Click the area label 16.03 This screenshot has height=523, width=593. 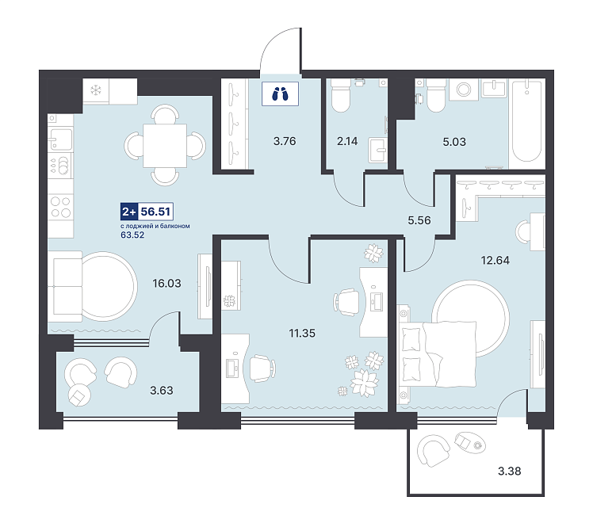166,283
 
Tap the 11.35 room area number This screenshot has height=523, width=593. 302,333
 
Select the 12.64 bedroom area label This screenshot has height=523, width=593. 495,260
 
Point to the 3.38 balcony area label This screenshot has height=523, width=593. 510,471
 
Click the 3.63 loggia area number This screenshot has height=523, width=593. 162,391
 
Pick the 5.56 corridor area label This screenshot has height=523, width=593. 419,220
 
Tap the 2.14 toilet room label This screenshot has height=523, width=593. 347,141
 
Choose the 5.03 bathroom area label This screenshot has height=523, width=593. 454,142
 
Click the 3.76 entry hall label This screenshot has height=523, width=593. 285,141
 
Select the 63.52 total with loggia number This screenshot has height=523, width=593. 132,235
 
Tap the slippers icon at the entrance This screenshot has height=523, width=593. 280,94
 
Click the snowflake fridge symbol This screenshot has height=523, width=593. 96,90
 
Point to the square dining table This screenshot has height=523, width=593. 165,146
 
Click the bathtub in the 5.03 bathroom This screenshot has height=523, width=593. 526,124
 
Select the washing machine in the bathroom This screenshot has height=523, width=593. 464,90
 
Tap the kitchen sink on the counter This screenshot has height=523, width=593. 59,139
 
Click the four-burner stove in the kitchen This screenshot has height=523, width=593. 60,207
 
